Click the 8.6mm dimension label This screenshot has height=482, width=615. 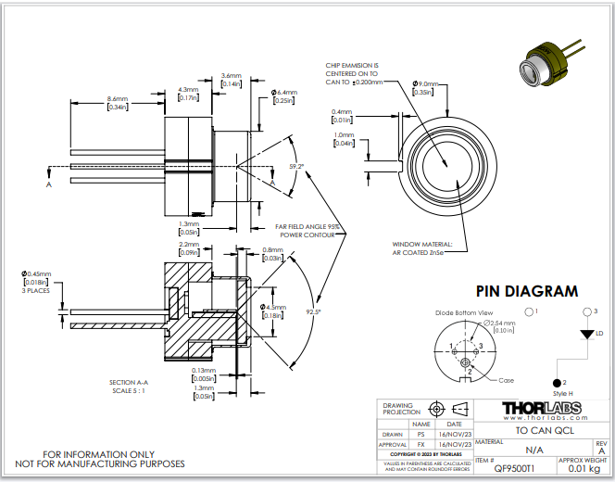tap(118, 98)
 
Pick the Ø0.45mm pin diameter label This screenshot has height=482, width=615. tap(37, 273)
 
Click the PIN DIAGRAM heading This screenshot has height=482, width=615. tap(526, 291)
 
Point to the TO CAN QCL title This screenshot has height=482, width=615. tap(540, 431)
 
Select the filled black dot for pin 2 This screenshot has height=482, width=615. tap(559, 382)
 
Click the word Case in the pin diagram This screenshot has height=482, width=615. tap(507, 380)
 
